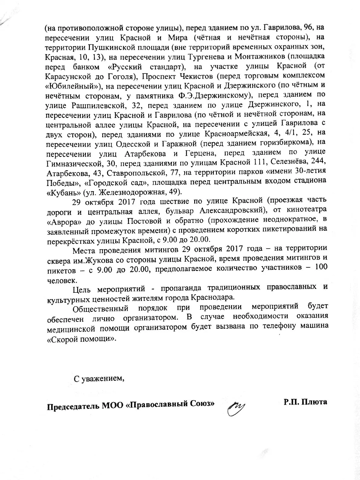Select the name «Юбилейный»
[x=72, y=86]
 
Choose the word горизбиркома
[x=281, y=143]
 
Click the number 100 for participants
[x=321, y=268]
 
